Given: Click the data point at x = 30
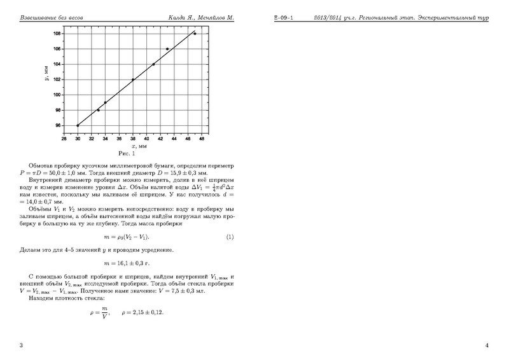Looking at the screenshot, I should click(x=78, y=125).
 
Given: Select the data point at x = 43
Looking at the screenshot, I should click(x=167, y=49).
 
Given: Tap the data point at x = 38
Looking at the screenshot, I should click(x=133, y=80).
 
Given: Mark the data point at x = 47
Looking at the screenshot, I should click(x=195, y=34).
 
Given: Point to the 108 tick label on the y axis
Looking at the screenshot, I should click(x=57, y=34).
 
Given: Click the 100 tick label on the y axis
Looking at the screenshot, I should click(x=57, y=95).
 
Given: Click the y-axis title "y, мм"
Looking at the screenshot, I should click(x=48, y=79).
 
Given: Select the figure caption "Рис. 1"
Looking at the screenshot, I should click(x=125, y=153).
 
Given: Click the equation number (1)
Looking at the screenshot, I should click(x=230, y=237).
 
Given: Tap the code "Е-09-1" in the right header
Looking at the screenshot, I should click(x=283, y=17).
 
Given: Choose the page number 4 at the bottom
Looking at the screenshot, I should click(x=487, y=345).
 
